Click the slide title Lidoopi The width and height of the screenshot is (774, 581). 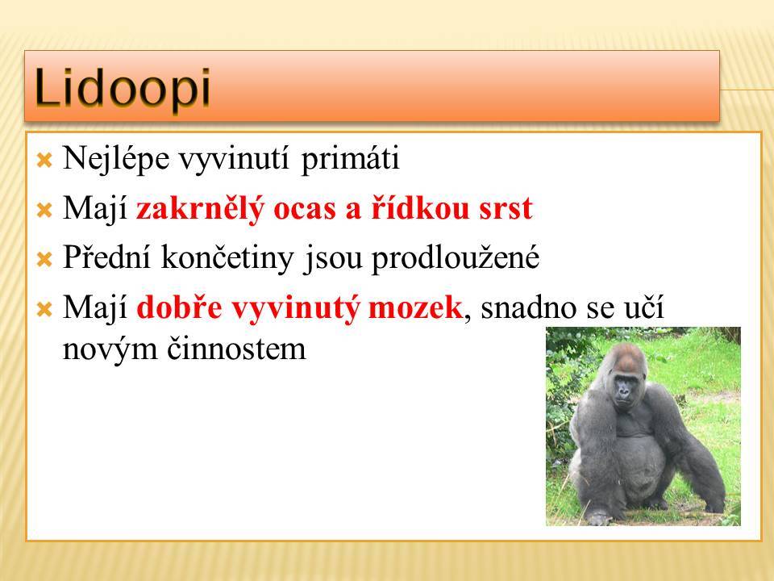123,88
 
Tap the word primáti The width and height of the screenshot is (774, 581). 350,160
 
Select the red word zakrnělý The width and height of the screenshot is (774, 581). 201,209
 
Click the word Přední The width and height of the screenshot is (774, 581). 106,257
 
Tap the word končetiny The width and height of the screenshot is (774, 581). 227,258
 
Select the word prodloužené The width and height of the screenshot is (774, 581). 456,258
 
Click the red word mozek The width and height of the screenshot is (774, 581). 415,307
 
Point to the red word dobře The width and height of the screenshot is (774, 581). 179,307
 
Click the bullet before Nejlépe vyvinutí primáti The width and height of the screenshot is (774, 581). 44,160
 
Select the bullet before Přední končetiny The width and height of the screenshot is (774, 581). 44,259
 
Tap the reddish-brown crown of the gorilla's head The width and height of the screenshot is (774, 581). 627,357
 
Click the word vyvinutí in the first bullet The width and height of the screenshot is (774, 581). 234,160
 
